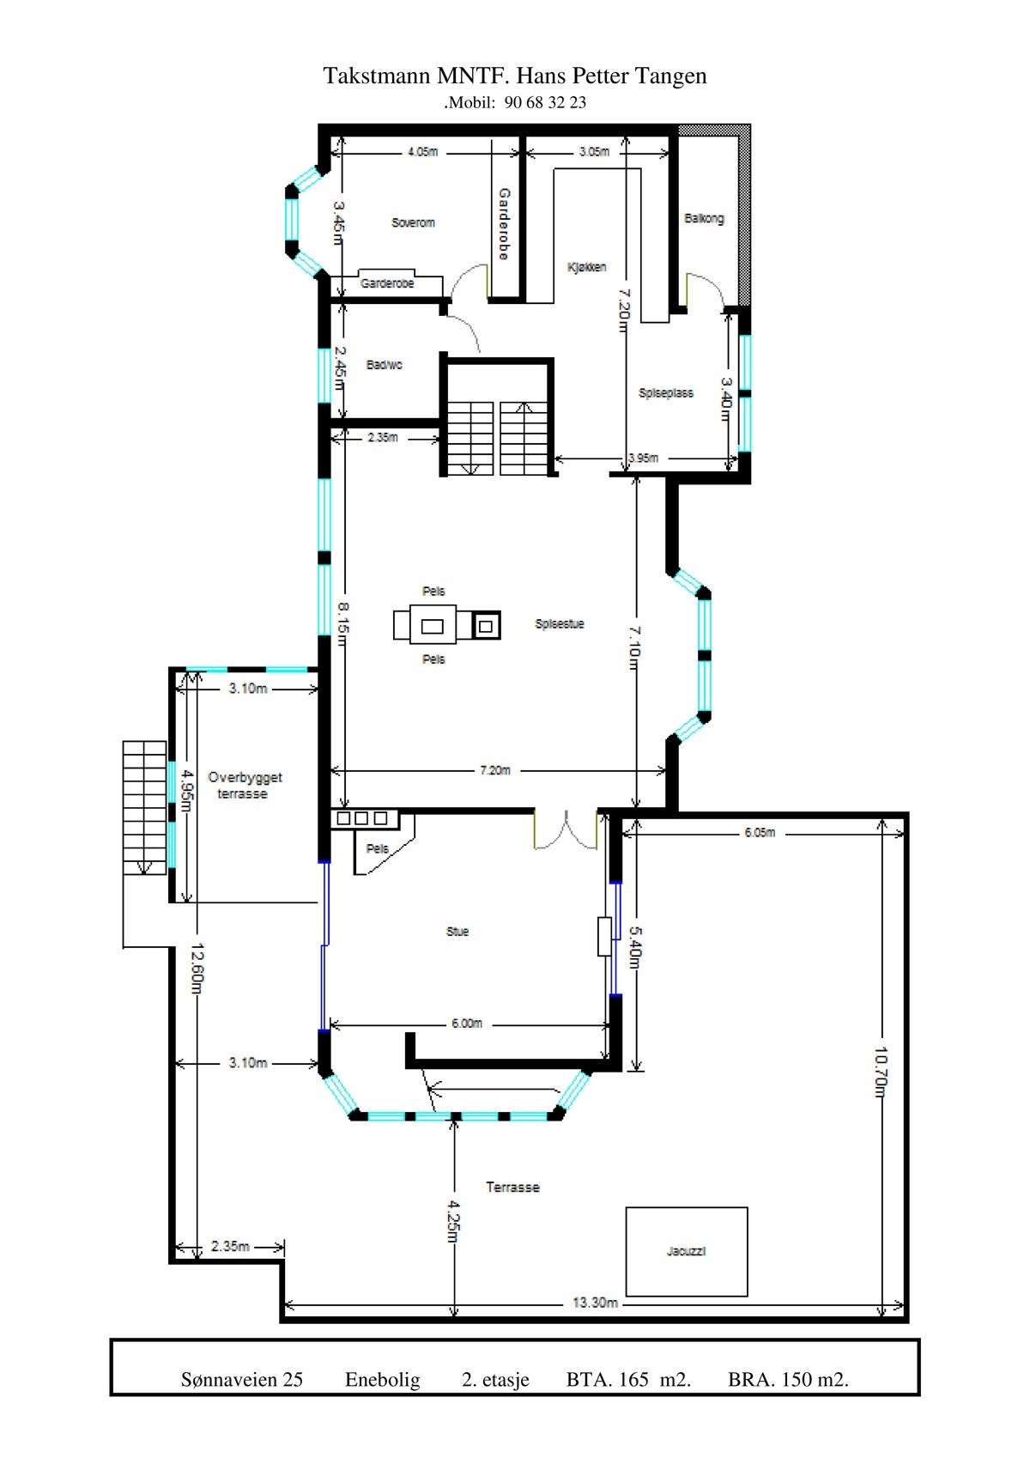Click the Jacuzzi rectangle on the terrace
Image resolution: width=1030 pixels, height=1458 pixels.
(x=686, y=1251)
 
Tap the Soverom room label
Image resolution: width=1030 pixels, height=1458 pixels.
(x=413, y=222)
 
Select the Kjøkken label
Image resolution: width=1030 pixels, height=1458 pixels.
(x=587, y=267)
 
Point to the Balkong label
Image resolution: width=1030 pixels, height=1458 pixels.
(x=704, y=218)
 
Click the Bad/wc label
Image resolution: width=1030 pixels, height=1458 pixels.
(x=384, y=365)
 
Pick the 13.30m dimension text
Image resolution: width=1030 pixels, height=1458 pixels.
(x=595, y=1303)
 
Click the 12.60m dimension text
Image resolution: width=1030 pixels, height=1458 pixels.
(x=197, y=969)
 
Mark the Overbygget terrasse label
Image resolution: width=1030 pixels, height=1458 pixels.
(x=244, y=786)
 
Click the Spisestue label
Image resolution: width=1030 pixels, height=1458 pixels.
(x=560, y=624)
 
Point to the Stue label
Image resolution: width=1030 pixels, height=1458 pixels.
(x=457, y=932)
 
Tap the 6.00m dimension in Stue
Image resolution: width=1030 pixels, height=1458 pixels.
(x=467, y=1024)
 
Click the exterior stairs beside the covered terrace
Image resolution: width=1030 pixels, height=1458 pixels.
(x=144, y=807)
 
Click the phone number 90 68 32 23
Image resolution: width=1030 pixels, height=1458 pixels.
(x=545, y=102)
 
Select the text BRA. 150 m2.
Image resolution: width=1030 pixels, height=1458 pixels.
(x=788, y=1380)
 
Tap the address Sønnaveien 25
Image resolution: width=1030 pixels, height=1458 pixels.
(x=242, y=1380)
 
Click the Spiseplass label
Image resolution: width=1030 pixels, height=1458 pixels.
(x=666, y=393)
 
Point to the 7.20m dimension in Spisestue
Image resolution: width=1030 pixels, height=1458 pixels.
(x=494, y=770)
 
